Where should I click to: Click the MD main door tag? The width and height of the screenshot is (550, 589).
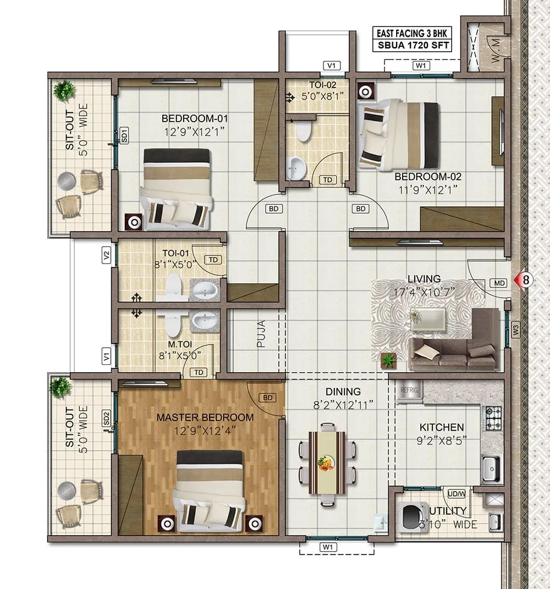[x=499, y=283]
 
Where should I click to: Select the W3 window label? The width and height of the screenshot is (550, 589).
[x=515, y=330]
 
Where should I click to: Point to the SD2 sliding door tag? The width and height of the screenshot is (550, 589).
[x=106, y=418]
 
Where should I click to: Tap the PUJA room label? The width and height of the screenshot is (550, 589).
[x=261, y=334]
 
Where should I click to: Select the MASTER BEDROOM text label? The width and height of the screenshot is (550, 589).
[x=205, y=417]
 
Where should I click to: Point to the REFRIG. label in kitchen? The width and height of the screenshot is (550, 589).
[x=410, y=389]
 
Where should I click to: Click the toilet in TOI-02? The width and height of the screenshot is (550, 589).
[x=302, y=131]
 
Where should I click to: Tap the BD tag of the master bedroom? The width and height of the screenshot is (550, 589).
[x=268, y=397]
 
